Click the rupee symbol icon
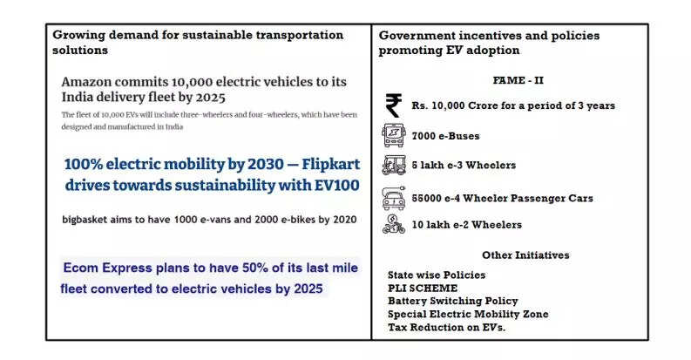pos(394,105)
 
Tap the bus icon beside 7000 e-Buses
pos(394,136)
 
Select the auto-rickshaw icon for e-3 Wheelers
pos(394,165)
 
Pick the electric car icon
pos(394,198)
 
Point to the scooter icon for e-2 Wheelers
pos(394,224)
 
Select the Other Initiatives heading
pos(525,255)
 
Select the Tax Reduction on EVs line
pos(446,327)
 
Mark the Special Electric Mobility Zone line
pos(468,314)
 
